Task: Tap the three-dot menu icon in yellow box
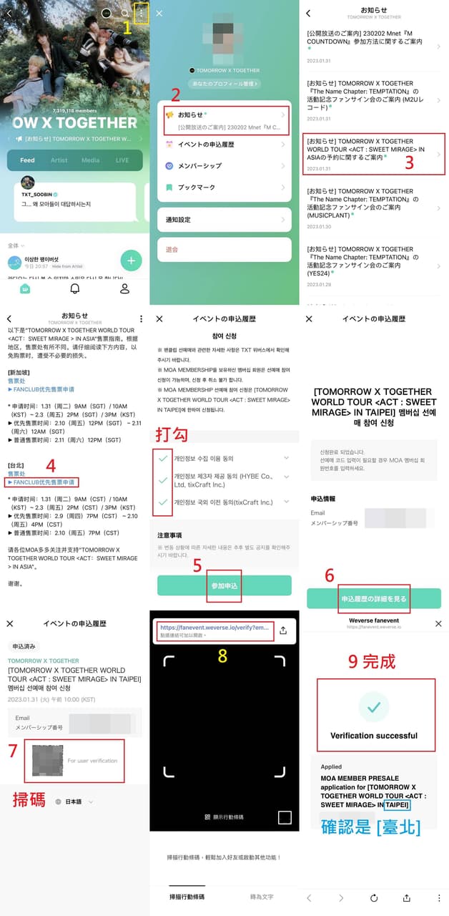(x=142, y=14)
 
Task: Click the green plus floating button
(x=131, y=261)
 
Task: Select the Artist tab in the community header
(x=59, y=160)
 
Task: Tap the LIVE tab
(x=122, y=160)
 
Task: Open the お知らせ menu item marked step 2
(x=224, y=120)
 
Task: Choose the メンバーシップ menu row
(x=224, y=165)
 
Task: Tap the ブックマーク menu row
(x=224, y=187)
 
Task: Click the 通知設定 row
(x=224, y=220)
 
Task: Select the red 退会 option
(x=224, y=249)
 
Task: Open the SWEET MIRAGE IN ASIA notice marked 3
(x=372, y=154)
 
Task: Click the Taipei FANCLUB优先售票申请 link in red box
(x=43, y=482)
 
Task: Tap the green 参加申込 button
(x=224, y=585)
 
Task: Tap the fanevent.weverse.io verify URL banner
(x=214, y=630)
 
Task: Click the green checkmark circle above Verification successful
(x=373, y=707)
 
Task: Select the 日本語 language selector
(x=74, y=801)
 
